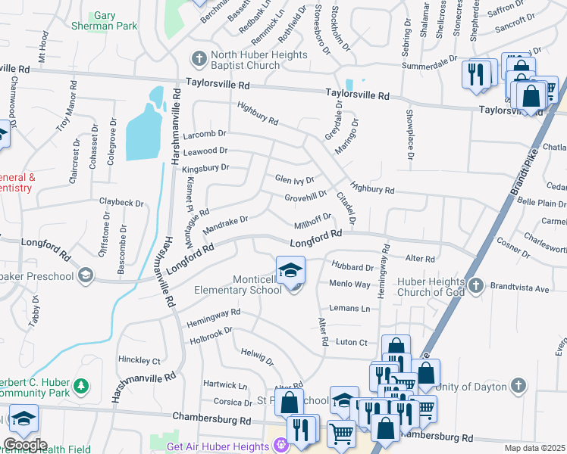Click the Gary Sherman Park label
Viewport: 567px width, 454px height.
point(114,20)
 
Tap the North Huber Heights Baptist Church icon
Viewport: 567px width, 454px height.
point(199,58)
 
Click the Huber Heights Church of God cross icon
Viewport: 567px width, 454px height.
point(475,285)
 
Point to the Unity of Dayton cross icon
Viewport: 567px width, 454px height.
point(518,385)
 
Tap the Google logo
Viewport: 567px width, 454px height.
point(25,445)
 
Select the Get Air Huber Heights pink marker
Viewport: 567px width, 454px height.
point(282,446)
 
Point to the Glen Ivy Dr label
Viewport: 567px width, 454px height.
point(294,179)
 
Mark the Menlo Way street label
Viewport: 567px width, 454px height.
point(349,285)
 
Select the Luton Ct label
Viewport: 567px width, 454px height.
point(352,342)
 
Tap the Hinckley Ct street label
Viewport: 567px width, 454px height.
point(139,360)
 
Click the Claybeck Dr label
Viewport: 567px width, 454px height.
point(121,203)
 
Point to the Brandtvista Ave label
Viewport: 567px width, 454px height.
point(521,289)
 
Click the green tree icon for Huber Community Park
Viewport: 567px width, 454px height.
point(81,387)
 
